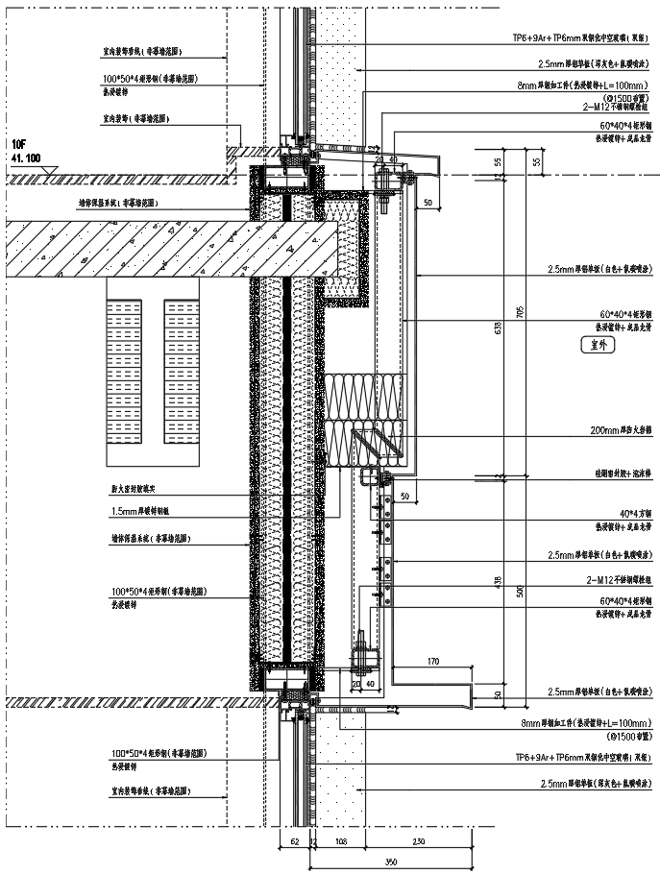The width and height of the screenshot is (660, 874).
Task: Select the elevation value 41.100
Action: coord(26,156)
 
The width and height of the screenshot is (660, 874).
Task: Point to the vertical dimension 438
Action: coord(497,581)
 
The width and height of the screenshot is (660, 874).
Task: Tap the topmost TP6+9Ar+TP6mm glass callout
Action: coord(585,37)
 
